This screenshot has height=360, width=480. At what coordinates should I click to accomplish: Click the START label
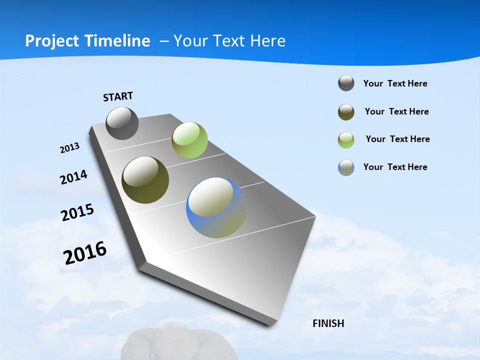118,96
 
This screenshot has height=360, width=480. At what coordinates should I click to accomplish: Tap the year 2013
69,148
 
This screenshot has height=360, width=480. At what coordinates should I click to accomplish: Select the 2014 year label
73,177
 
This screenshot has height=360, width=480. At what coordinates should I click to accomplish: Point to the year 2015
77,212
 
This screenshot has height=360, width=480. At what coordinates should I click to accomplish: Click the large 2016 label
85,252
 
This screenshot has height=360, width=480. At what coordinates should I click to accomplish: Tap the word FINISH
328,323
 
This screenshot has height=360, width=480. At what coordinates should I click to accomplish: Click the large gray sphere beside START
122,123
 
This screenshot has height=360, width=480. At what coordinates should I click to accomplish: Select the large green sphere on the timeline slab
189,140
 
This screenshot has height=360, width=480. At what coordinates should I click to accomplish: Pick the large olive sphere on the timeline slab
145,180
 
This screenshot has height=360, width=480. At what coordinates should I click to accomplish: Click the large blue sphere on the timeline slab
216,207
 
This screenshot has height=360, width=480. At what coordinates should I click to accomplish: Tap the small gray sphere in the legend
346,83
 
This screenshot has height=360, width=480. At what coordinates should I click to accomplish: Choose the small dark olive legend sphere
346,112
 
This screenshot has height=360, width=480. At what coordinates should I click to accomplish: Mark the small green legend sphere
346,140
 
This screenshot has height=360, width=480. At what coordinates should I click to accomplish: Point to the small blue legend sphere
346,167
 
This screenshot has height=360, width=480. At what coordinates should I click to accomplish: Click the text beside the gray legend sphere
395,84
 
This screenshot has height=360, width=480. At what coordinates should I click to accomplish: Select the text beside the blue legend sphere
395,167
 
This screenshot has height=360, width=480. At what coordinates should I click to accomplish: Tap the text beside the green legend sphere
397,139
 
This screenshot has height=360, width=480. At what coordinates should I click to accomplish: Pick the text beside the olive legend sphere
396,111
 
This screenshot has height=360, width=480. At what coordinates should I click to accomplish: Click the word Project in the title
52,41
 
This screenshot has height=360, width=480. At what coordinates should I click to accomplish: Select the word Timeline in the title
120,41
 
